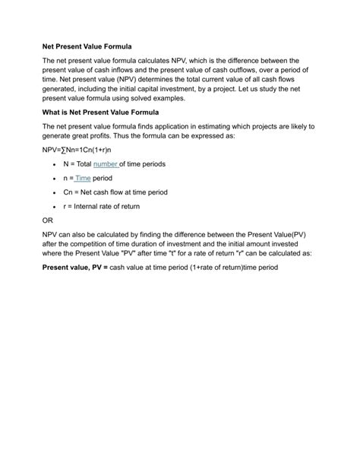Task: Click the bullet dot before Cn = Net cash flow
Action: tap(54, 192)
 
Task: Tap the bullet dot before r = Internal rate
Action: tap(54, 207)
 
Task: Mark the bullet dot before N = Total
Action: tap(54, 164)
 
